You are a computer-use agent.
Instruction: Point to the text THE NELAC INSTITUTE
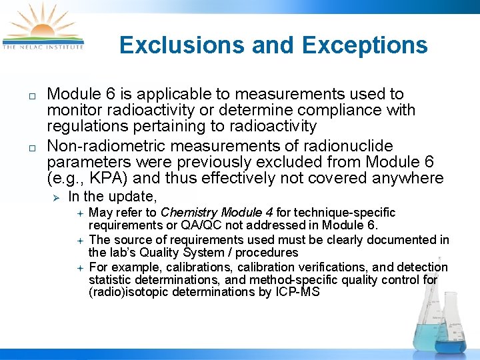(x=43, y=47)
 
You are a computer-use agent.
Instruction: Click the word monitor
(x=74, y=111)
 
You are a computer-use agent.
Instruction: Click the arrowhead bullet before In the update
(x=57, y=197)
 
